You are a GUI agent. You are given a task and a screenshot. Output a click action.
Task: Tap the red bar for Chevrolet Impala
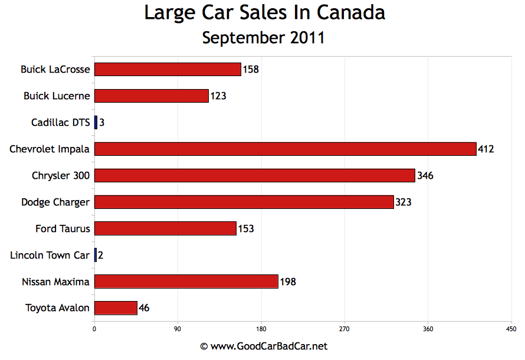(285, 149)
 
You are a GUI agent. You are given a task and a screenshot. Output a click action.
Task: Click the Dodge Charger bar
(244, 202)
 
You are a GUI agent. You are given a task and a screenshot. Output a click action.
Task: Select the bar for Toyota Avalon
(116, 308)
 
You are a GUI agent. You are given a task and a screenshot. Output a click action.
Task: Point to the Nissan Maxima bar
(186, 282)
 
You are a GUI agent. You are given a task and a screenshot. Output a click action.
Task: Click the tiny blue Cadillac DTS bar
(96, 122)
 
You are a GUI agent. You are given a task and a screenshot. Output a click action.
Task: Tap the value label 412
(486, 149)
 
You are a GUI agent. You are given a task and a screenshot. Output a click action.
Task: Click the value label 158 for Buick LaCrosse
(251, 70)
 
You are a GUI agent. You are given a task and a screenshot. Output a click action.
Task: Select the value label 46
(144, 308)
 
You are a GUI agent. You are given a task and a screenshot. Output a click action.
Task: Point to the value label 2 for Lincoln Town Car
(101, 256)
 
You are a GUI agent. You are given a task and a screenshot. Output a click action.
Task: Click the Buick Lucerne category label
(57, 96)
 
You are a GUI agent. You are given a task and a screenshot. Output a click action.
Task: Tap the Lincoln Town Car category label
(50, 255)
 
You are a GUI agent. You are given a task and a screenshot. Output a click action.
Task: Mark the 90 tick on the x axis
(178, 329)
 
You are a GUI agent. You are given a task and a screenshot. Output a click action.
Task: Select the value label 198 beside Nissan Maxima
(287, 282)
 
